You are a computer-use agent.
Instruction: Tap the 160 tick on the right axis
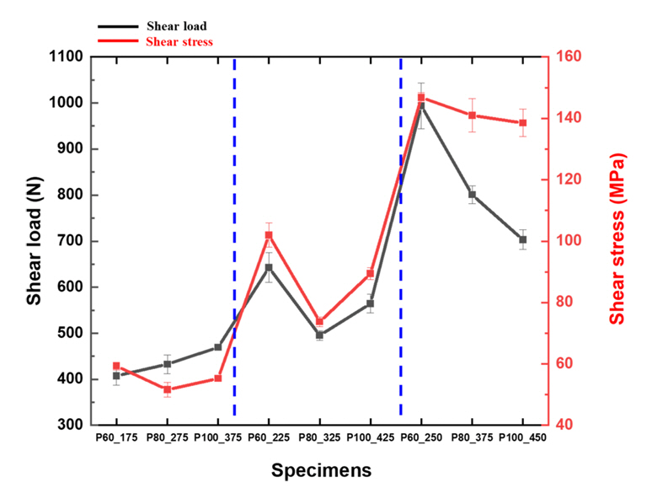pyautogui.click(x=571, y=57)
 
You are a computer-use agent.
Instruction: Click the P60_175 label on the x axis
pyautogui.click(x=116, y=439)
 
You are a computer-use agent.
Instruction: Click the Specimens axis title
pyautogui.click(x=321, y=470)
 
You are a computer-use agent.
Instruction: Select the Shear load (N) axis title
pyautogui.click(x=34, y=241)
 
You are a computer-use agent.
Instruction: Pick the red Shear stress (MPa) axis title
pyautogui.click(x=618, y=241)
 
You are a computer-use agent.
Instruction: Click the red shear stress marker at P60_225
pyautogui.click(x=269, y=235)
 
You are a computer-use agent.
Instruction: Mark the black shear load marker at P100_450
pyautogui.click(x=523, y=239)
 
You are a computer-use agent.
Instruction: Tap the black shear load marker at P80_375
pyautogui.click(x=473, y=195)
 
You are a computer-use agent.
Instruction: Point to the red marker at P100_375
pyautogui.click(x=218, y=378)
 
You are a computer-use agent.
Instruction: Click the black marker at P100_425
pyautogui.click(x=371, y=303)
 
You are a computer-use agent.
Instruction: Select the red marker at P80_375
pyautogui.click(x=473, y=115)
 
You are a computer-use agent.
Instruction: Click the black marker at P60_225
pyautogui.click(x=269, y=268)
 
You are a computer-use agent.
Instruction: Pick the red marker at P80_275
pyautogui.click(x=167, y=389)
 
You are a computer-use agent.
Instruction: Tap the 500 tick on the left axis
pyautogui.click(x=71, y=333)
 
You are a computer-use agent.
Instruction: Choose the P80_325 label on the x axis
pyautogui.click(x=320, y=439)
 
